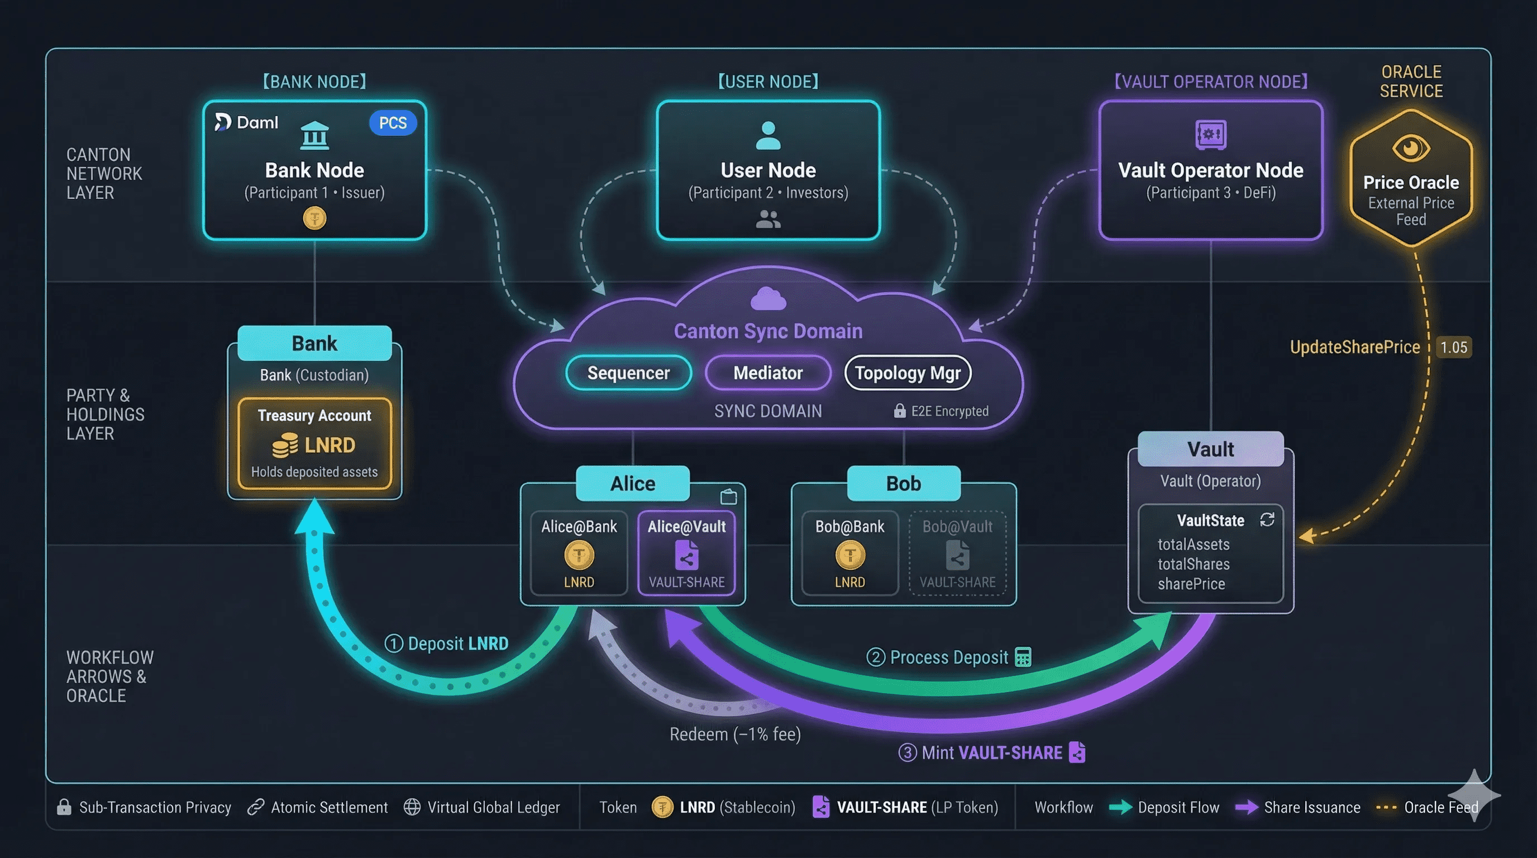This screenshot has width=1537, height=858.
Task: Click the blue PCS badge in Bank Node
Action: (393, 123)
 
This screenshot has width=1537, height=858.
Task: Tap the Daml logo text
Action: (256, 122)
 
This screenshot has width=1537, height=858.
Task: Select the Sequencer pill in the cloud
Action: (628, 373)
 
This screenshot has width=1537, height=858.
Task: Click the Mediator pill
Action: (768, 373)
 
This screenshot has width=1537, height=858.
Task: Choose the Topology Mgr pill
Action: (908, 373)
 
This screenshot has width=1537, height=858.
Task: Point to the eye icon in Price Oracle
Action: (1411, 147)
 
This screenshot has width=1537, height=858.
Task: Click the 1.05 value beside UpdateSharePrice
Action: (1453, 347)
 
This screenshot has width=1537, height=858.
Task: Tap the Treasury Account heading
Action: (314, 415)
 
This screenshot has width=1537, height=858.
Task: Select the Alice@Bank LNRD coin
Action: (579, 555)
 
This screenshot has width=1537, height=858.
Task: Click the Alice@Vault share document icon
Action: (687, 555)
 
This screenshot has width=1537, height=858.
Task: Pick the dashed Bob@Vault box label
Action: (957, 527)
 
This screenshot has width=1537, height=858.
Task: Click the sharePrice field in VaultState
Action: (1191, 584)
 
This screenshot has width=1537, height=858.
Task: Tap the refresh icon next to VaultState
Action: (1267, 519)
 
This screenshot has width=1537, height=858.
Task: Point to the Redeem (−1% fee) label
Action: (735, 734)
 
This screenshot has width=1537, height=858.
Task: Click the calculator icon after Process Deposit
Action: (1023, 657)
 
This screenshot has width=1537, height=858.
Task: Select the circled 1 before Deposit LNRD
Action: (394, 644)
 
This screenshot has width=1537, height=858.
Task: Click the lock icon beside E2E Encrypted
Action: (899, 411)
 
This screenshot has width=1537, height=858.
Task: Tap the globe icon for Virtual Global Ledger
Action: (412, 807)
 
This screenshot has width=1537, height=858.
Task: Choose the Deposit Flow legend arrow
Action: (1120, 807)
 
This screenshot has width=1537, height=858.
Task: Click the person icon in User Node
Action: (768, 135)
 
